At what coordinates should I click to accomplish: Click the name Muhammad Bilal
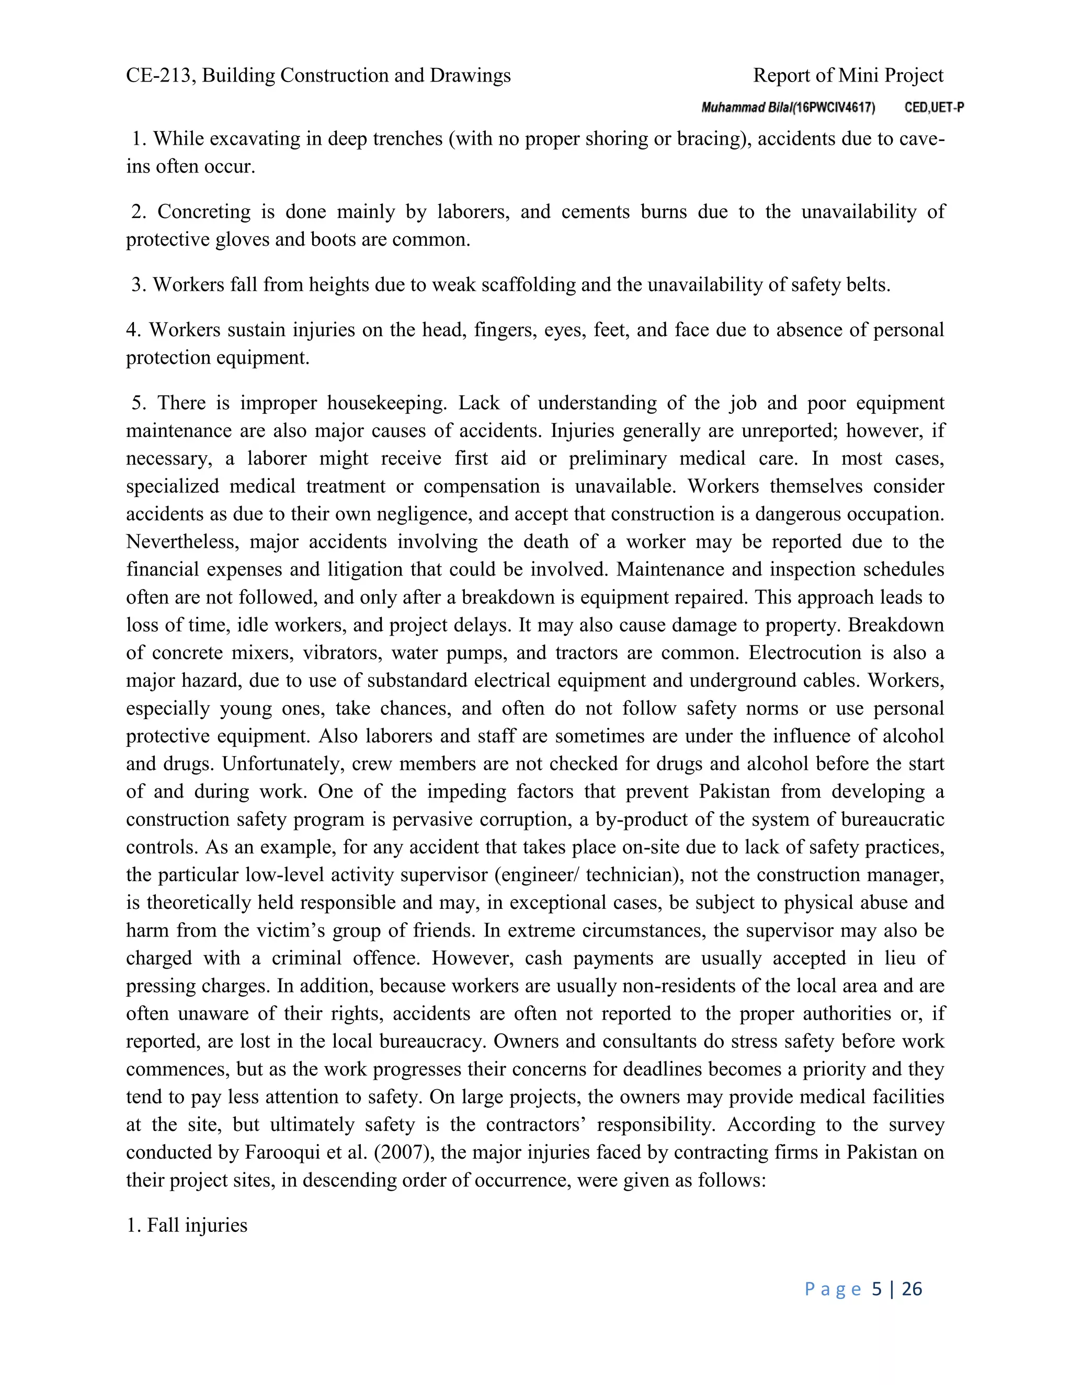(x=746, y=108)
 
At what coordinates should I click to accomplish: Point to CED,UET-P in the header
(x=934, y=108)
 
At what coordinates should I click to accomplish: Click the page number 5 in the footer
(x=877, y=1289)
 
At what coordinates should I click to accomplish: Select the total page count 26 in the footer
(x=912, y=1289)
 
